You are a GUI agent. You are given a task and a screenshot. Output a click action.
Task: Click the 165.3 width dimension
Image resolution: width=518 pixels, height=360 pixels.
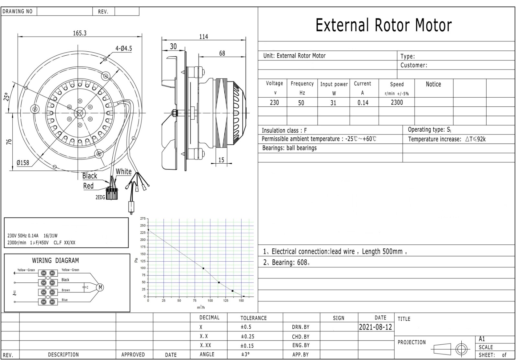click(x=80, y=33)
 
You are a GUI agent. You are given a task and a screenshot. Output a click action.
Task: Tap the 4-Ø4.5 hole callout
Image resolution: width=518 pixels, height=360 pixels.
click(x=124, y=49)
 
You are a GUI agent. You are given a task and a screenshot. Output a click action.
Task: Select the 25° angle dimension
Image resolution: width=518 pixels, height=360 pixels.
click(x=7, y=97)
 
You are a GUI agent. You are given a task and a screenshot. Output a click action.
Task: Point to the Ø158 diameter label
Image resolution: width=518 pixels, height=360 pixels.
click(x=23, y=163)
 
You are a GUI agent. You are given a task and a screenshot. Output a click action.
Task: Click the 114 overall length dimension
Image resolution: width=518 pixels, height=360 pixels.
click(x=204, y=37)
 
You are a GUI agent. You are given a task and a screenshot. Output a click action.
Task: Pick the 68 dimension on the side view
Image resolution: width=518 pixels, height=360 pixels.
click(x=222, y=53)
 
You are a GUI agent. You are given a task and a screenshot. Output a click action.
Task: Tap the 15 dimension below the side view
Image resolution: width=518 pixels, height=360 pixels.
click(x=221, y=160)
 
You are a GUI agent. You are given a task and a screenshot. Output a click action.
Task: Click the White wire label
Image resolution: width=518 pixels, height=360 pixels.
click(x=123, y=171)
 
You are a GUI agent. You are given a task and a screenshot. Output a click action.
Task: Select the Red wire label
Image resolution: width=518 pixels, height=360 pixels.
click(x=88, y=186)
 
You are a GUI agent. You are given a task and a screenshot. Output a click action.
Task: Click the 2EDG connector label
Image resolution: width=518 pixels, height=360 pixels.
click(x=100, y=197)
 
